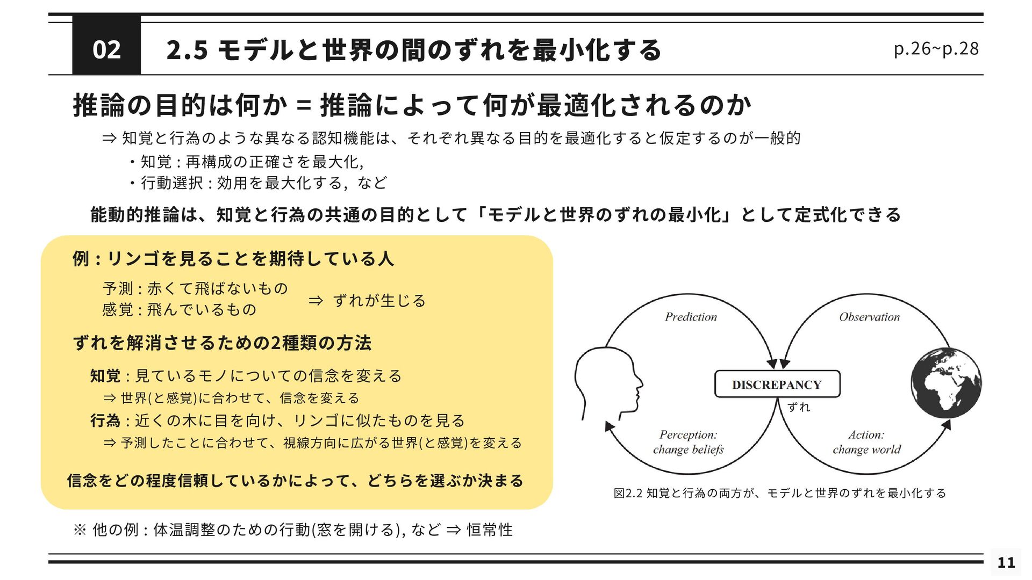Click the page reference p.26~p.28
pyautogui.click(x=936, y=49)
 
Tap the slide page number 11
pyautogui.click(x=1006, y=562)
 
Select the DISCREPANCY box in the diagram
pyautogui.click(x=777, y=385)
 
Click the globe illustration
pyautogui.click(x=946, y=382)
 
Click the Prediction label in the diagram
pyautogui.click(x=691, y=317)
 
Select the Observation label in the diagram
pyautogui.click(x=869, y=317)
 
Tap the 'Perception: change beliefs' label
pyautogui.click(x=688, y=442)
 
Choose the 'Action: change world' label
pyautogui.click(x=866, y=442)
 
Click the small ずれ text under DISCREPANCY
pyautogui.click(x=799, y=407)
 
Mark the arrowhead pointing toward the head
pyautogui.click(x=610, y=426)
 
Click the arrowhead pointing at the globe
pyautogui.click(x=947, y=425)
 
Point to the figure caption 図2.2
pyautogui.click(x=628, y=493)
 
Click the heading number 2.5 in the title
pyautogui.click(x=187, y=50)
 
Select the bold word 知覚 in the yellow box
pyautogui.click(x=105, y=376)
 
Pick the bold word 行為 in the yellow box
pyautogui.click(x=105, y=421)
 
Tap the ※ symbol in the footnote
pyautogui.click(x=80, y=530)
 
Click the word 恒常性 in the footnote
pyautogui.click(x=489, y=530)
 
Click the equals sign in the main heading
pyautogui.click(x=304, y=105)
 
